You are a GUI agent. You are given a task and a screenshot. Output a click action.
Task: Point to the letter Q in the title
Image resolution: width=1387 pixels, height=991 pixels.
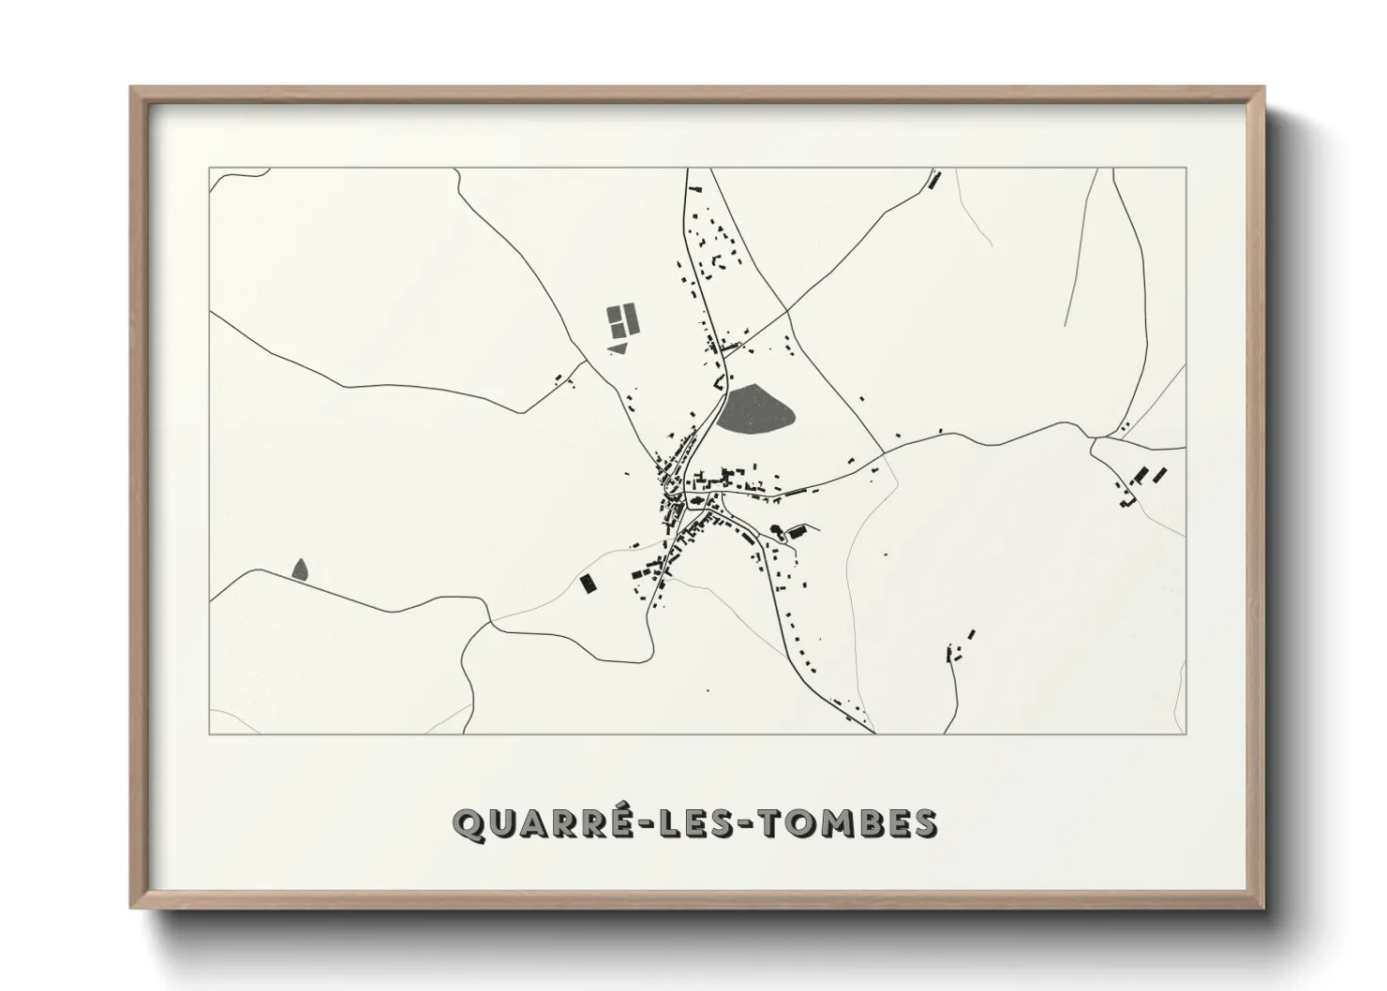[468, 824]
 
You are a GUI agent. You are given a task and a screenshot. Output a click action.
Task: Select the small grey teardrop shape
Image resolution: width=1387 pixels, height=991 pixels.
[300, 569]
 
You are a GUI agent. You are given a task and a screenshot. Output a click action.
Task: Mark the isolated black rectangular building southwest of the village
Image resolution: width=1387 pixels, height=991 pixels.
[588, 584]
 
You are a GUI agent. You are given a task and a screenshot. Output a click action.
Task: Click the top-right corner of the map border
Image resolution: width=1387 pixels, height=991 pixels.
[1186, 169]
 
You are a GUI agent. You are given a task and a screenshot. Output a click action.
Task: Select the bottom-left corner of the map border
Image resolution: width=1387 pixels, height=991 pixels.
[210, 733]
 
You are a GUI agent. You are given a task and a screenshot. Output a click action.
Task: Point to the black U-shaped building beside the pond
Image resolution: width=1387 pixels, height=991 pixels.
[720, 382]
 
